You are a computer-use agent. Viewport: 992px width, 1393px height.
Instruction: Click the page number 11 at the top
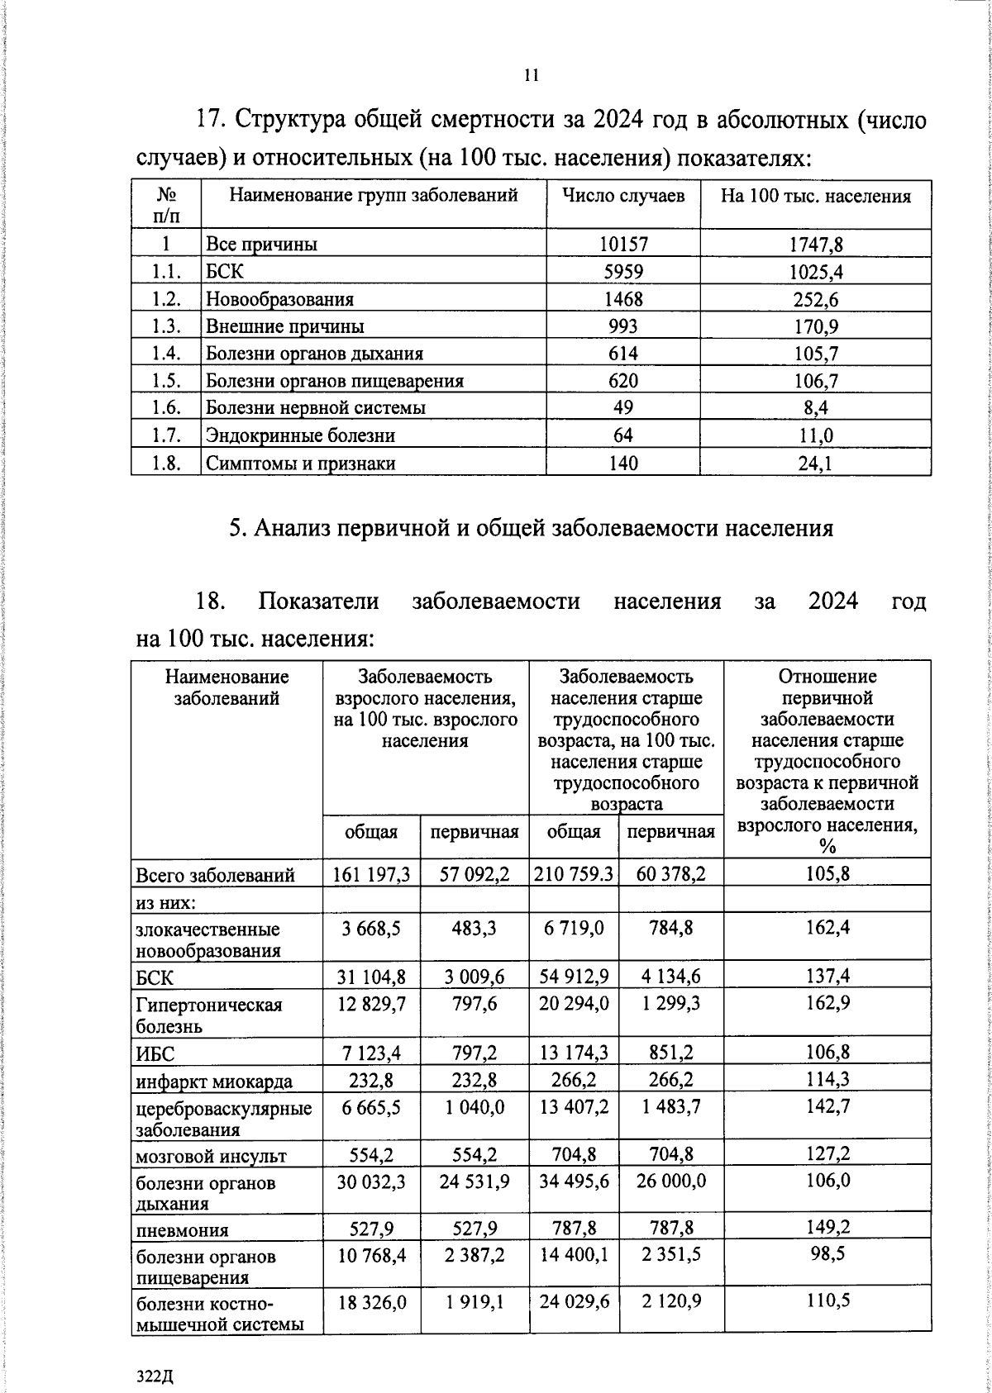pyautogui.click(x=532, y=75)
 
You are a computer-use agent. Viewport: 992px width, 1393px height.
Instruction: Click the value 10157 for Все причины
pyautogui.click(x=623, y=245)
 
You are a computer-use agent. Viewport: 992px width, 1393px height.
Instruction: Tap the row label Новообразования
pyautogui.click(x=279, y=299)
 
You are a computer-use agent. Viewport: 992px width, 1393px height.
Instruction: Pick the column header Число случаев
pyautogui.click(x=623, y=197)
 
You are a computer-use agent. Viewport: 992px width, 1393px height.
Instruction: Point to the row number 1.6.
pyautogui.click(x=167, y=408)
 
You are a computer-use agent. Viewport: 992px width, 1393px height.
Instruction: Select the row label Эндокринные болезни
pyautogui.click(x=300, y=435)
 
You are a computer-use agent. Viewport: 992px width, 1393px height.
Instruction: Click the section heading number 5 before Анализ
pyautogui.click(x=235, y=528)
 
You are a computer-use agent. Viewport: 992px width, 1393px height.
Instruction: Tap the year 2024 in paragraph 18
pyautogui.click(x=832, y=601)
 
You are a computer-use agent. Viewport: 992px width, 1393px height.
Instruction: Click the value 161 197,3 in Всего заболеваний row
pyautogui.click(x=371, y=874)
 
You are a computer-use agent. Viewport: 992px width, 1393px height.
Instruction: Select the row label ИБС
pyautogui.click(x=156, y=1054)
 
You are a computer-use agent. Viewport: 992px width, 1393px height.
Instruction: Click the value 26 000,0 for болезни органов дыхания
pyautogui.click(x=671, y=1181)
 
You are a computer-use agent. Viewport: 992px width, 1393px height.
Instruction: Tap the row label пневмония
pyautogui.click(x=182, y=1230)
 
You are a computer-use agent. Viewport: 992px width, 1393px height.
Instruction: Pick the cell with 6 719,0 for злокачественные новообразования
pyautogui.click(x=574, y=929)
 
